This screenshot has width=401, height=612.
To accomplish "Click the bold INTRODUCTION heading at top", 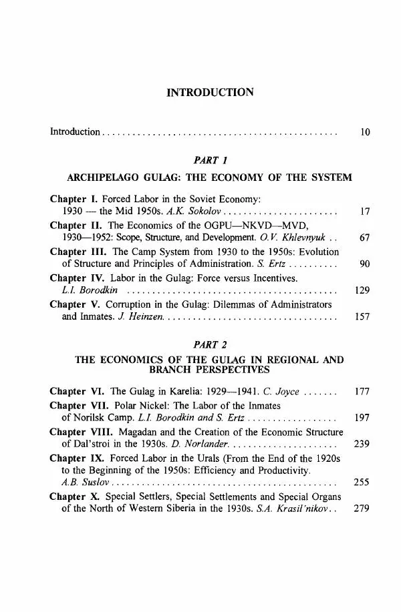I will [x=211, y=92].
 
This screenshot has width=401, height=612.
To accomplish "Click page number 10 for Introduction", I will [x=364, y=133].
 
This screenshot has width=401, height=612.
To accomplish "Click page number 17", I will [x=364, y=211].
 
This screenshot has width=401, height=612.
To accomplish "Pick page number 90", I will [x=364, y=264].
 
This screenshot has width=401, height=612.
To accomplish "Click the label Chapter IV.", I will [x=75, y=277].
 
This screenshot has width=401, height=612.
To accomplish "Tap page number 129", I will [x=362, y=290].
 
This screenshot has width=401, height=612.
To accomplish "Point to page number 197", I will [x=362, y=417].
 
